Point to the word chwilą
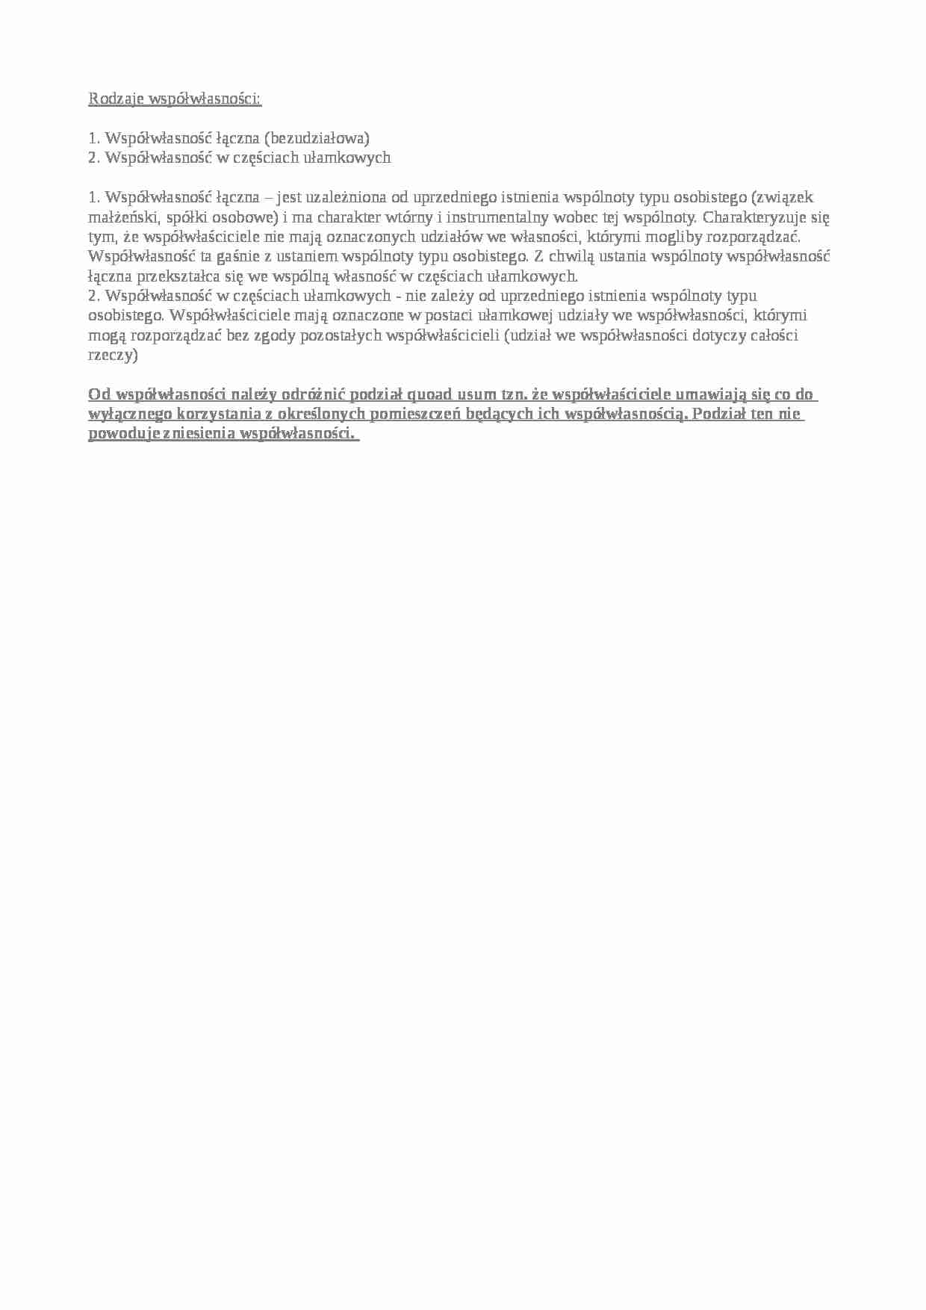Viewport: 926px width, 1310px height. [575, 256]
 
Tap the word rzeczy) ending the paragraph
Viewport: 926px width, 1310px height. [113, 355]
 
